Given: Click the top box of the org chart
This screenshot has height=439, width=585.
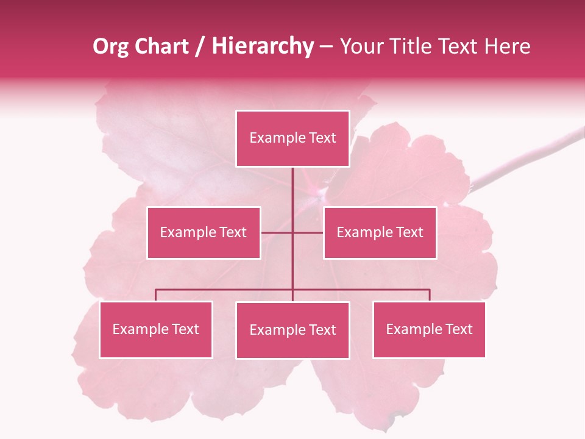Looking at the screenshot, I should coord(292,138).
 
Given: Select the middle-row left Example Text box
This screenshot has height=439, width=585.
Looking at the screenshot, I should coord(204,233).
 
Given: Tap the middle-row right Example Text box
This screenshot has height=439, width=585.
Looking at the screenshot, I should coord(380,233).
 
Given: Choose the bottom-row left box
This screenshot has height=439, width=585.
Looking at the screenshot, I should coord(156,330).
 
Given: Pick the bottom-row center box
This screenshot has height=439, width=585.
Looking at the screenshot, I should coord(292,330).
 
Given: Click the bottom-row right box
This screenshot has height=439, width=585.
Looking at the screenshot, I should coord(429,330).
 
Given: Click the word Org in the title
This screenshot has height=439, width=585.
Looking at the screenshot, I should coord(110,46).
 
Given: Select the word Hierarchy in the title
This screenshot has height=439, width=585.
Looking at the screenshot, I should coord(263,46).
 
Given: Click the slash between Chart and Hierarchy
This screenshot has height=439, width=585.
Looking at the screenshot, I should coord(200,46).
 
